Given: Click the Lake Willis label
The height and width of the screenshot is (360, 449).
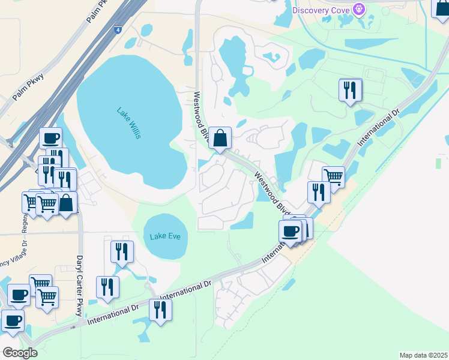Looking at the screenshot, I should [x=129, y=122].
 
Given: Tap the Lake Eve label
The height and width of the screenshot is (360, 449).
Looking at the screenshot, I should [x=165, y=236].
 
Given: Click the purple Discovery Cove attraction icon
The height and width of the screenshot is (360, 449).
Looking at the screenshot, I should [x=358, y=9].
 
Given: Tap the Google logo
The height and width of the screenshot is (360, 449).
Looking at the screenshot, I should [x=20, y=353].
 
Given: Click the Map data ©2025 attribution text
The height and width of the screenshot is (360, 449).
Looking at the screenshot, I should [x=424, y=355].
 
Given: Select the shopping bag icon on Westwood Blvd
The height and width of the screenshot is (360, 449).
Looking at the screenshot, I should [x=221, y=138].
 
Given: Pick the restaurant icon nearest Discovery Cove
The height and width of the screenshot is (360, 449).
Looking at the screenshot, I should [x=350, y=90].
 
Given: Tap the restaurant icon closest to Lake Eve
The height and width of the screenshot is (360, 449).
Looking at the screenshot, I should [x=122, y=252].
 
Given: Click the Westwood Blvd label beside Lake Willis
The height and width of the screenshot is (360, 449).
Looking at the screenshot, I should [x=200, y=116].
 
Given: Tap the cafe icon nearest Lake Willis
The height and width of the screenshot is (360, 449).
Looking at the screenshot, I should [x=51, y=139].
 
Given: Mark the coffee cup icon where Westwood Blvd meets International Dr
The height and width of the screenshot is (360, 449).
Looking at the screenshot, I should [x=291, y=231].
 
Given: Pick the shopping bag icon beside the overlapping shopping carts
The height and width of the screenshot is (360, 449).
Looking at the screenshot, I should [x=66, y=202].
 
